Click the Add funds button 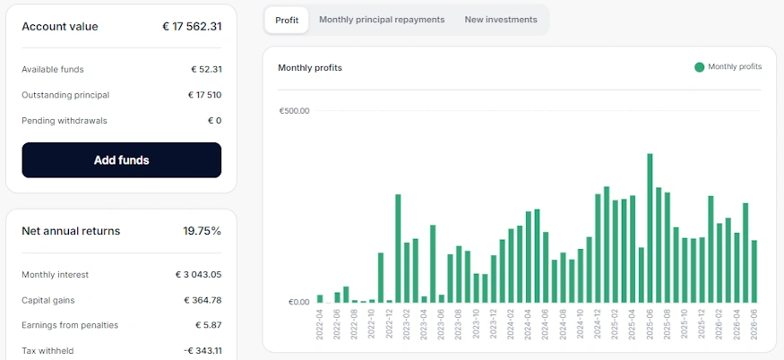pyautogui.click(x=122, y=160)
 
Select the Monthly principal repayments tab pyautogui.click(x=382, y=20)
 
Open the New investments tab pyautogui.click(x=501, y=20)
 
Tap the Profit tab pyautogui.click(x=287, y=20)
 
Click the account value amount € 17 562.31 pyautogui.click(x=192, y=27)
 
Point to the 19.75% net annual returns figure pyautogui.click(x=202, y=231)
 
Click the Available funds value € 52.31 pyautogui.click(x=206, y=70)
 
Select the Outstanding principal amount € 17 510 pyautogui.click(x=204, y=95)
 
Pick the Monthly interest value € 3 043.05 pyautogui.click(x=199, y=275)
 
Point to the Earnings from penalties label pyautogui.click(x=70, y=325)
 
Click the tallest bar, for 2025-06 pyautogui.click(x=650, y=228)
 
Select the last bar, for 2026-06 pyautogui.click(x=754, y=271)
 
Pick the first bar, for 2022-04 pyautogui.click(x=320, y=299)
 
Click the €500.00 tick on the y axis pyautogui.click(x=294, y=110)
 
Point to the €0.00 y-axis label pyautogui.click(x=299, y=302)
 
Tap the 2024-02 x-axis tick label pyautogui.click(x=511, y=324)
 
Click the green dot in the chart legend pyautogui.click(x=700, y=67)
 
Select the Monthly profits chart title pyautogui.click(x=310, y=68)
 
